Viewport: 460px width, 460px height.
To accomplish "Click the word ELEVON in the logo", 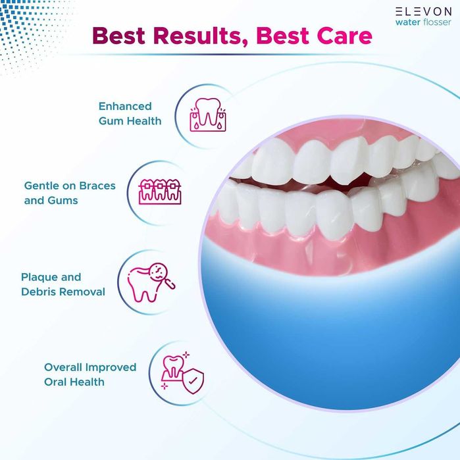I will [x=423, y=11].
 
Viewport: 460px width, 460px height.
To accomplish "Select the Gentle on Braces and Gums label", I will [x=70, y=193].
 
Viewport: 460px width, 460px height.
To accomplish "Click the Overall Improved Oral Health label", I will [x=90, y=374].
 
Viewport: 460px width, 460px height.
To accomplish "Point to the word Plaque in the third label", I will [x=39, y=277].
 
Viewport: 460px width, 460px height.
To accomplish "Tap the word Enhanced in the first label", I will [x=125, y=106].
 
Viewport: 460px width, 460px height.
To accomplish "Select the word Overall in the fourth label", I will [x=63, y=367].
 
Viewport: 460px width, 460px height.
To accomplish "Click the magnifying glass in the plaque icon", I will [x=166, y=274].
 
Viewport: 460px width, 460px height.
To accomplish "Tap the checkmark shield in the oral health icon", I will [x=194, y=380].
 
